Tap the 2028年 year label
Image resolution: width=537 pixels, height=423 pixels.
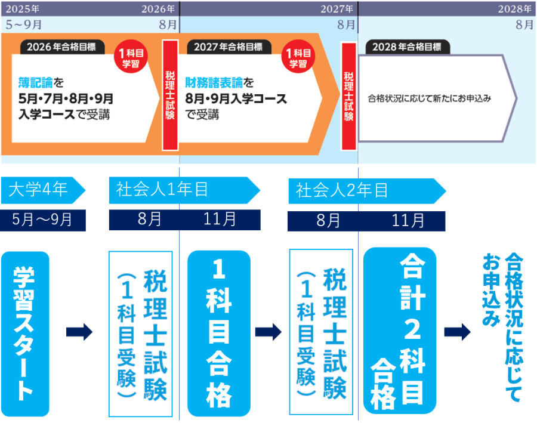point(515,8)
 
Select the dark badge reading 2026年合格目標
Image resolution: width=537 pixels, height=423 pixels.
point(62,47)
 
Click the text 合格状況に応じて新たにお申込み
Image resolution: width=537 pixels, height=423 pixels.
point(430,98)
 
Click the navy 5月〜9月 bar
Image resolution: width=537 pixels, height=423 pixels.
point(43,220)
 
